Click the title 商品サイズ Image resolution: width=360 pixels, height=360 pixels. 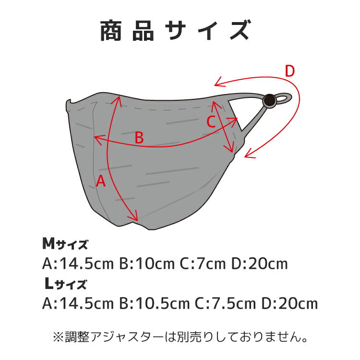(x=175, y=31)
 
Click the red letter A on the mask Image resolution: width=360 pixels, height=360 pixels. (x=101, y=181)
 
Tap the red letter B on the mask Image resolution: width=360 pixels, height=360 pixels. (x=139, y=138)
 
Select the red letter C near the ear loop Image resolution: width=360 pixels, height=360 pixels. (x=211, y=122)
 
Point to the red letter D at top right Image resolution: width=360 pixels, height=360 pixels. (x=289, y=72)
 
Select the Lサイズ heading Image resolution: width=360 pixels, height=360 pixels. (x=65, y=284)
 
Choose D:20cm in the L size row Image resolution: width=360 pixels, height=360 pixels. (x=289, y=303)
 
